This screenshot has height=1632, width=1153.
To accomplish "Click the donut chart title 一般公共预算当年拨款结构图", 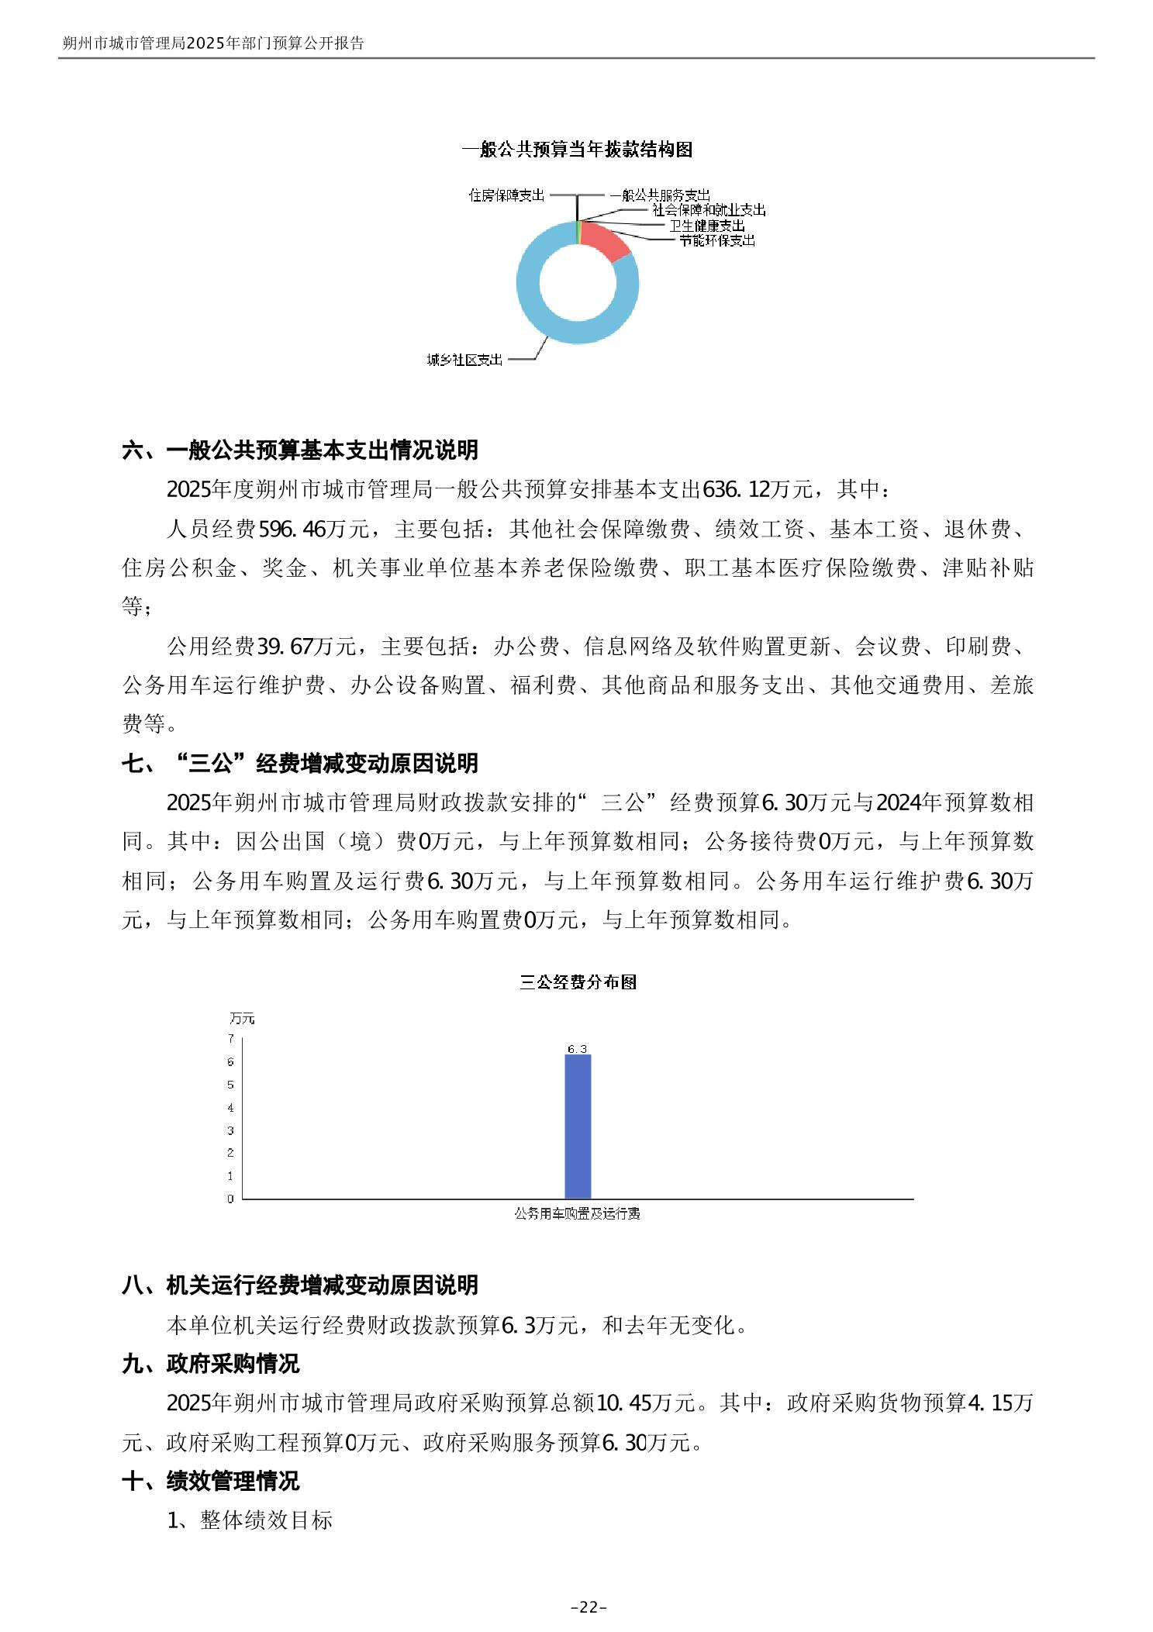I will pos(577,150).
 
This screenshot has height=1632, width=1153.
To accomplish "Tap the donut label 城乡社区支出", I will pos(464,360).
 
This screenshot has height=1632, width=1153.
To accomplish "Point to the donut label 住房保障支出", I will pos(507,195).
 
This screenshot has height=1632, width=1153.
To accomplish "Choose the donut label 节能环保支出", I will pos(716,240).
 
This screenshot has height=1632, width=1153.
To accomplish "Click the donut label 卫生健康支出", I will pos(706,226).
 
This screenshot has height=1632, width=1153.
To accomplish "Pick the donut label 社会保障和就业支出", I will pos(709,210).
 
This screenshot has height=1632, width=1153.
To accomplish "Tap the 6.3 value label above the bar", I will pos(578,1049).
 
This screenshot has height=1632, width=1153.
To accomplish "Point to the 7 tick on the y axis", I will pos(230,1039).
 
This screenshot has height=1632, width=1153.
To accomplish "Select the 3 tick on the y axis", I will pos(230,1130).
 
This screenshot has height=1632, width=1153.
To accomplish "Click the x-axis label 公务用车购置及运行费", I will pos(578,1213).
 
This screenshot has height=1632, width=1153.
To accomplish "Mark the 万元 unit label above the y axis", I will pos(242,1019).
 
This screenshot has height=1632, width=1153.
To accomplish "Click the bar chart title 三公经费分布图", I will pos(578,982).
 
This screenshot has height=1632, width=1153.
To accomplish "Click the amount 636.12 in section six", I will pos(734,489).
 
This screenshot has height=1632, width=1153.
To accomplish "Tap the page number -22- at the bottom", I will pos(589,1607).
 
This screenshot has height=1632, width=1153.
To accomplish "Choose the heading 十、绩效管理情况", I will pos(211,1481).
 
